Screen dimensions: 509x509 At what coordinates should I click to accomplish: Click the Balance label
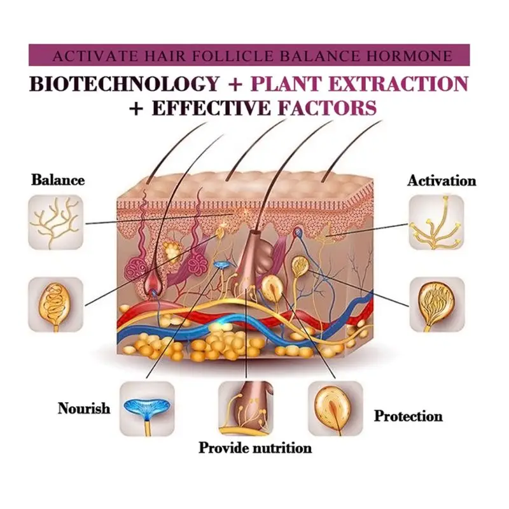[58, 180]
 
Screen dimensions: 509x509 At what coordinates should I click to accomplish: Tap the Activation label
[442, 181]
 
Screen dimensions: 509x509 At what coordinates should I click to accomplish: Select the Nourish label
[84, 408]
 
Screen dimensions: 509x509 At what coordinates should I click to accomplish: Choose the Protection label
[408, 417]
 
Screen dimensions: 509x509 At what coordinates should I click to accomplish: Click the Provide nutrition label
[255, 448]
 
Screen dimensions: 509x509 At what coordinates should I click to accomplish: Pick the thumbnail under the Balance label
[55, 222]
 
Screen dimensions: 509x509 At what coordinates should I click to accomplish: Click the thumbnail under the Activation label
[436, 222]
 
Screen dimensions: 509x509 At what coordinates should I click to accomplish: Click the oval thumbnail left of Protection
[335, 408]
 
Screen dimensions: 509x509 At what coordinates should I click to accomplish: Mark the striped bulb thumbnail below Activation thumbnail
[436, 303]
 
